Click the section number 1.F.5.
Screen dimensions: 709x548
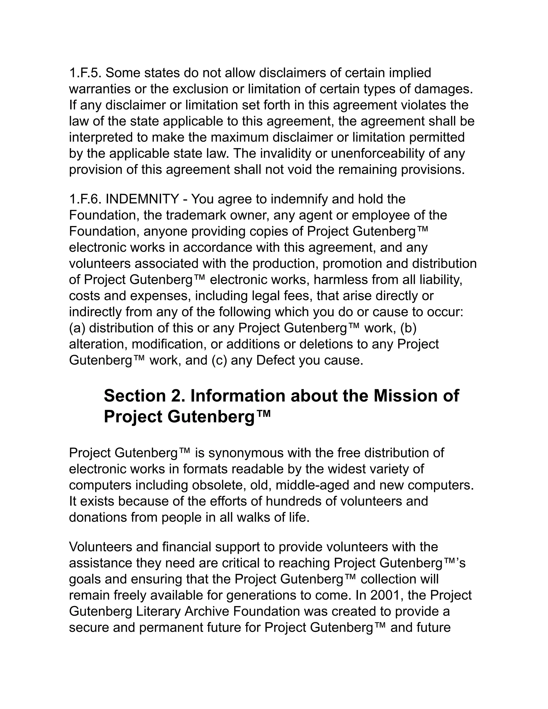coord(85,73)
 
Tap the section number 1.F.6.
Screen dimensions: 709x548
coord(85,199)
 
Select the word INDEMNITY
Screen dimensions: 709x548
coord(142,199)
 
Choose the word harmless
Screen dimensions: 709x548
coord(340,280)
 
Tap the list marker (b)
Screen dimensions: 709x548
coord(408,328)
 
